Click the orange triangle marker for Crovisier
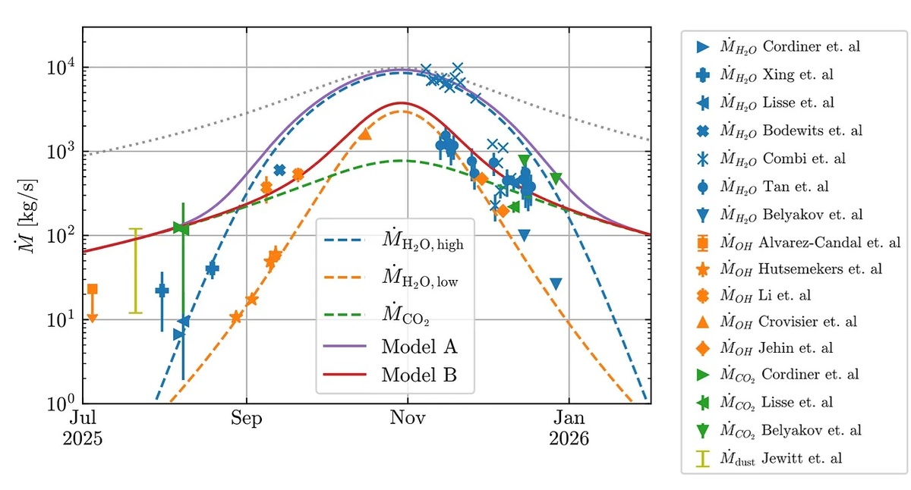365,134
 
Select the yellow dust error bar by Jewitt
135,271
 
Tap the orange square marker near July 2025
93,289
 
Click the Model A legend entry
390,347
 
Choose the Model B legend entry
390,375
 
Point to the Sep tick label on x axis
247,418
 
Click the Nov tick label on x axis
408,418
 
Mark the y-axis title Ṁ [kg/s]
27,215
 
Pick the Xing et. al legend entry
764,74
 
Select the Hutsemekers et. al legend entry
789,269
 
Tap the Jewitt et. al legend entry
768,458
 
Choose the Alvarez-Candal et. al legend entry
798,243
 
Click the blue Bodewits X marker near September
279,170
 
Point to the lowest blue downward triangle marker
556,284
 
